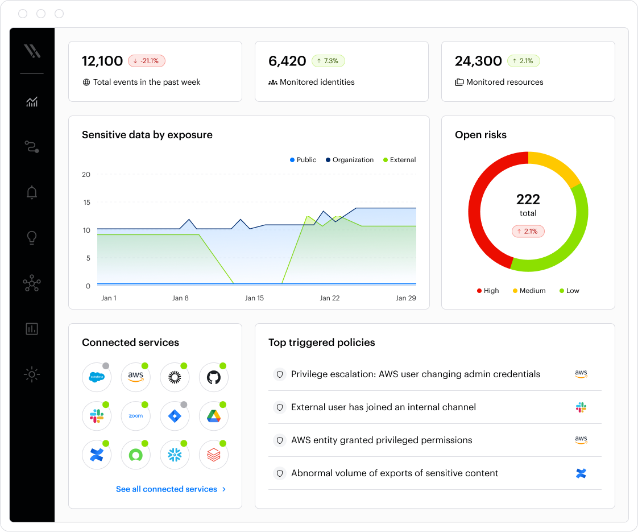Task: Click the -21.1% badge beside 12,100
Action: click(x=147, y=61)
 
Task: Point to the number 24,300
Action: click(x=478, y=61)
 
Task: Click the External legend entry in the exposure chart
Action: click(x=400, y=160)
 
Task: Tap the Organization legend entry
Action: click(x=350, y=160)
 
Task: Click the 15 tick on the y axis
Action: click(x=86, y=202)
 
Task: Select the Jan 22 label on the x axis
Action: click(x=330, y=298)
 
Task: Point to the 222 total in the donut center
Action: click(x=528, y=199)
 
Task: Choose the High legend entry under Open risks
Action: click(x=488, y=291)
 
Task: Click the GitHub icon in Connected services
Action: click(x=214, y=377)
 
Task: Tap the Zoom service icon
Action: click(x=136, y=416)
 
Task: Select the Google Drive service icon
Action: click(x=214, y=416)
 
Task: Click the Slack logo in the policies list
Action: click(x=581, y=407)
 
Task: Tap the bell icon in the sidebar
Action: click(x=32, y=193)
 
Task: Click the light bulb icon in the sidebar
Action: click(x=32, y=238)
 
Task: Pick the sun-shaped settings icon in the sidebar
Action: click(x=32, y=374)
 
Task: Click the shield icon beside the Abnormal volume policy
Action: click(x=279, y=473)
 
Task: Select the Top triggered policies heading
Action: click(x=322, y=343)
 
